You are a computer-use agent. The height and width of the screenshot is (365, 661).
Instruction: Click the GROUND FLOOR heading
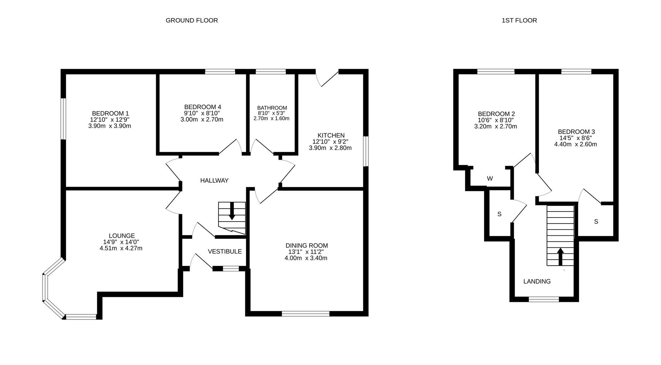point(192,20)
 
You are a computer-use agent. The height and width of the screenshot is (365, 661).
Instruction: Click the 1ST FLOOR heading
point(519,20)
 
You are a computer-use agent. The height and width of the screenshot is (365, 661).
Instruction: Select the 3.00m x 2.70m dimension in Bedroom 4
point(202,119)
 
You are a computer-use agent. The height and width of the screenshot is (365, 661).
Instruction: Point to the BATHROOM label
point(272,108)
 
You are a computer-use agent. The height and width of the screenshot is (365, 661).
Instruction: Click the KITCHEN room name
point(331,135)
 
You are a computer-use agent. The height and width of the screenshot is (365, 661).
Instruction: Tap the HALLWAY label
point(214,181)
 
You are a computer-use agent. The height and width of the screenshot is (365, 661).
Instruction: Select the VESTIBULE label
point(225,251)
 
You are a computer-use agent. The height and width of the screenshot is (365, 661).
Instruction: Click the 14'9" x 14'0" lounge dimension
point(121,242)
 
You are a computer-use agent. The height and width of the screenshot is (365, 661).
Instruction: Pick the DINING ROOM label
point(307,246)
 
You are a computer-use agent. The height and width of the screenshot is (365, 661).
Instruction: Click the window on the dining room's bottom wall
point(305,313)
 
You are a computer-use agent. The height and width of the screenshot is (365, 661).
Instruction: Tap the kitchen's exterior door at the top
point(327,78)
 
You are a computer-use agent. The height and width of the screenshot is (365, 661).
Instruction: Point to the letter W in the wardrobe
point(490,179)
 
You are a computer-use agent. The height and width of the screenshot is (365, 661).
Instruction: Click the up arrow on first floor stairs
point(560,257)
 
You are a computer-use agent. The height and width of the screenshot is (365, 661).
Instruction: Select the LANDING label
point(537,281)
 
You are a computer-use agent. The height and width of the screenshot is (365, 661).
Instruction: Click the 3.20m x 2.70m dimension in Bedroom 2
point(495,126)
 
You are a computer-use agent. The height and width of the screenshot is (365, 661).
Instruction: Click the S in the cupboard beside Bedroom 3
point(596,222)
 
